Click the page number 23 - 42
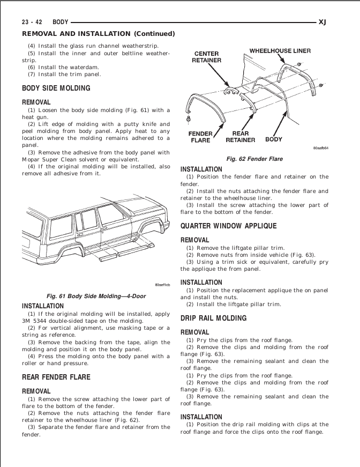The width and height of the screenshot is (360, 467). tap(33, 23)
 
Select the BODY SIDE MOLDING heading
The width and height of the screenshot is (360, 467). tap(56, 88)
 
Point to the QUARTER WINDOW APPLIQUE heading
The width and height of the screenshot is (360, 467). tap(228, 226)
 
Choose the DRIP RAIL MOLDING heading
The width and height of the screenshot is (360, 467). tap(213, 318)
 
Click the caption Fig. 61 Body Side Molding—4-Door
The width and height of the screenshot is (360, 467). tap(96, 296)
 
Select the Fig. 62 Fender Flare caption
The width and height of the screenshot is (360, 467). tap(254, 159)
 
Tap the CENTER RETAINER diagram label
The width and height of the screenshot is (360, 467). tap(206, 57)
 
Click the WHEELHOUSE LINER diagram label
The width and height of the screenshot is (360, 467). tap(280, 51)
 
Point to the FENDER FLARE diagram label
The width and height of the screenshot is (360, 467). tap(200, 137)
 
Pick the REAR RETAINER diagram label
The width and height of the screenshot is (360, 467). tap(240, 137)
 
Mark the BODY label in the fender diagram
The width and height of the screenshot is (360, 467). tap(274, 140)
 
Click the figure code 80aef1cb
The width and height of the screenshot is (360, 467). tap(162, 285)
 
